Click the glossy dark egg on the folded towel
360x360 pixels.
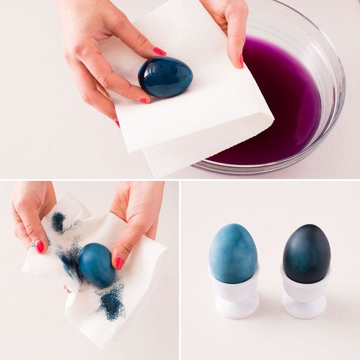pyautogui.click(x=165, y=77)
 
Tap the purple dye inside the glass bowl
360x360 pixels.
pyautogui.click(x=283, y=110)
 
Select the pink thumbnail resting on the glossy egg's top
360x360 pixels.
pyautogui.click(x=159, y=51)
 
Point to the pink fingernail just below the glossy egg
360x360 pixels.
pyautogui.click(x=144, y=100)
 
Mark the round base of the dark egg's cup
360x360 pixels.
pyautogui.click(x=305, y=310)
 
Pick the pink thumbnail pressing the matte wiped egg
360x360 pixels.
pyautogui.click(x=119, y=263)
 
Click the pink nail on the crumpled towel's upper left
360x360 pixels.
pyautogui.click(x=40, y=247)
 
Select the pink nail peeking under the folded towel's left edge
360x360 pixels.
pyautogui.click(x=118, y=124)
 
